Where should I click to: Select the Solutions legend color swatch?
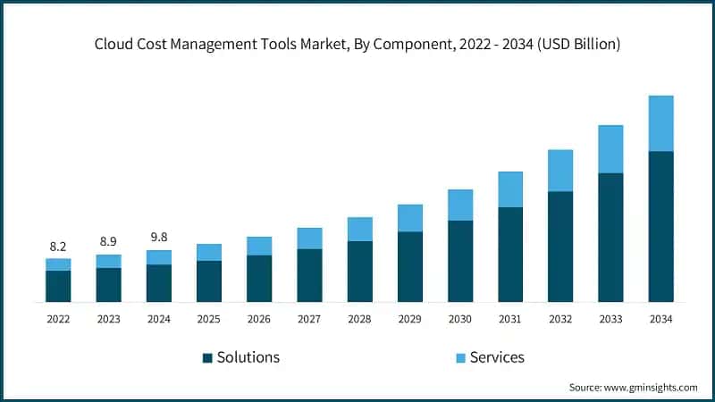pos(207,357)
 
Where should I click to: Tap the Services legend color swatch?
pos(460,357)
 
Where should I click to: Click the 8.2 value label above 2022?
pos(58,245)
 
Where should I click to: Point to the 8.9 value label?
pos(108,241)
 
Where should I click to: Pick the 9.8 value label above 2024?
pos(158,237)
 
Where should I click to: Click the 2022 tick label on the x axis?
pos(58,319)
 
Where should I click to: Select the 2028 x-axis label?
pos(359,319)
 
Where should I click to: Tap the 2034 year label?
pos(660,319)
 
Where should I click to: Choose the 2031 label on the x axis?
pos(510,319)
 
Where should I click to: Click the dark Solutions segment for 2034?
pos(660,227)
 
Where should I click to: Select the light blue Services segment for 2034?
pos(660,123)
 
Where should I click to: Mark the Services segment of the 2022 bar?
pos(58,264)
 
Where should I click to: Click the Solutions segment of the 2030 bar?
pos(460,261)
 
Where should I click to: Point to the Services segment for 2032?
pos(560,170)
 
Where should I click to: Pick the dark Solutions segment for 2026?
pos(259,279)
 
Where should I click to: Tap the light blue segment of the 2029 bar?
pos(409,218)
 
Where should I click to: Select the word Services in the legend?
pos(498,357)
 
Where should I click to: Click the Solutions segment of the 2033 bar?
pos(610,238)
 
